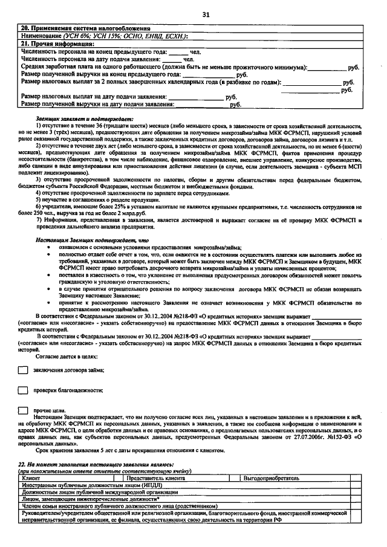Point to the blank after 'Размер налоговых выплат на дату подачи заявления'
(x=195, y=96)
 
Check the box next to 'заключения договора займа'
(x=23, y=370)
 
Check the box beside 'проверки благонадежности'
(x=23, y=390)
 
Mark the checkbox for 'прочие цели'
(x=23, y=410)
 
